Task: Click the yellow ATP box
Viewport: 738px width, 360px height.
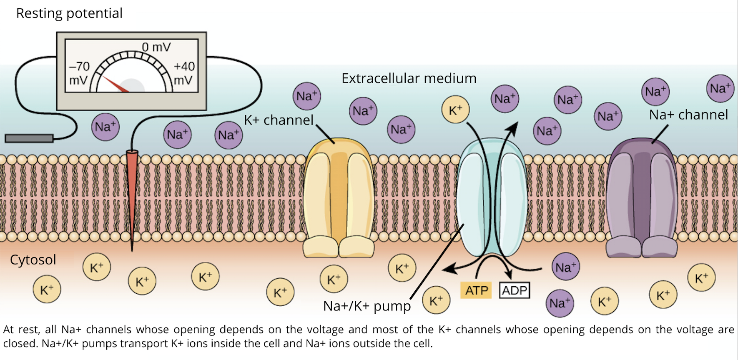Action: coord(476,290)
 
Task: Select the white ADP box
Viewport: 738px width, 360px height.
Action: coord(515,290)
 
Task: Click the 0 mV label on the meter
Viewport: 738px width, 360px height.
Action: coord(156,47)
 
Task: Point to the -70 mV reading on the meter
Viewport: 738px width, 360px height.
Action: coord(79,73)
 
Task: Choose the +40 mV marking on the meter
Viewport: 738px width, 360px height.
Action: coord(184,73)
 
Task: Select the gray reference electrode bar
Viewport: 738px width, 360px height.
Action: coord(29,138)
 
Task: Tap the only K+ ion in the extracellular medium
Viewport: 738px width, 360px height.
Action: coord(455,110)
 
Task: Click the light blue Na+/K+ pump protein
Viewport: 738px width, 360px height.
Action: coord(492,196)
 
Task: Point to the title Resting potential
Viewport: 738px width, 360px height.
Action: coord(69,13)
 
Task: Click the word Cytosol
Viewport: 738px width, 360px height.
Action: coord(33,260)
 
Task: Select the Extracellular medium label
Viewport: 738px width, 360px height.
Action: coord(409,78)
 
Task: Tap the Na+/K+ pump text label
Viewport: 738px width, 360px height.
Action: coord(367,306)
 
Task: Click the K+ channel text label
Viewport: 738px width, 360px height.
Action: coord(279,120)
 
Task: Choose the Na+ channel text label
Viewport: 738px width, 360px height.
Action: coord(688,115)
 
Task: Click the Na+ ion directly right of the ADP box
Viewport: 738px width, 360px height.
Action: coord(565,267)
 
